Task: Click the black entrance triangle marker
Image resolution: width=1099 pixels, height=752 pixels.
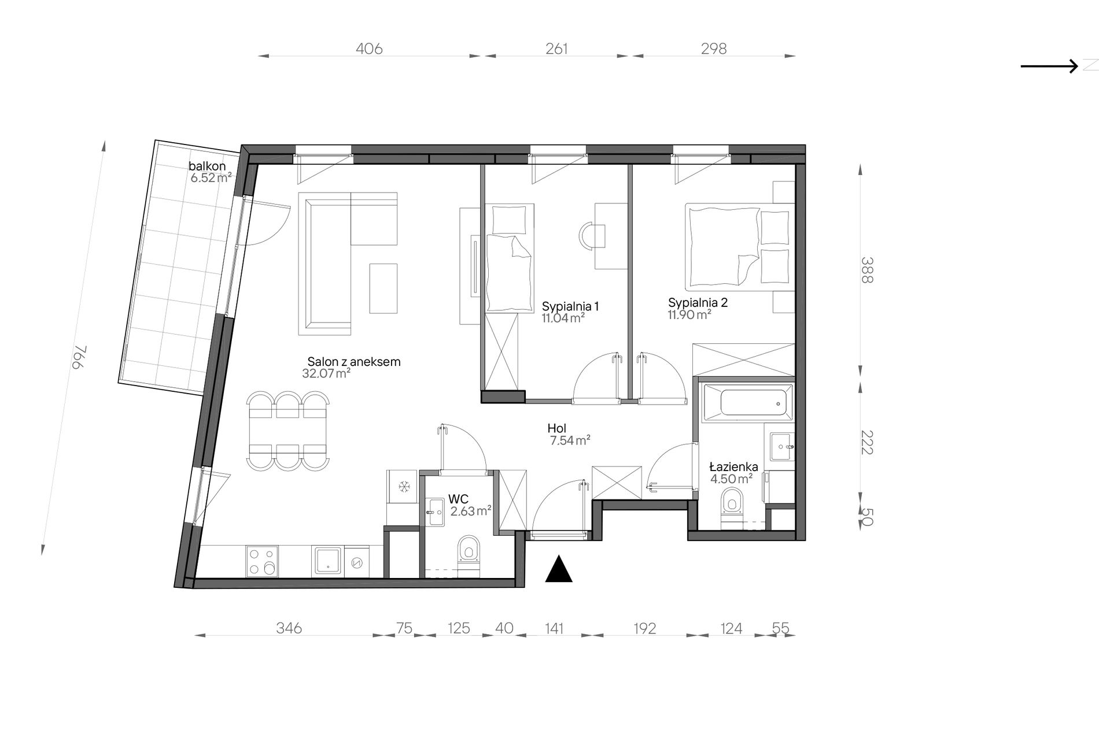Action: (x=559, y=569)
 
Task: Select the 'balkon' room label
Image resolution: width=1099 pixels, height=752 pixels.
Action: (x=207, y=166)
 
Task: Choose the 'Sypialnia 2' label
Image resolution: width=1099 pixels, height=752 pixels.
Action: (x=698, y=302)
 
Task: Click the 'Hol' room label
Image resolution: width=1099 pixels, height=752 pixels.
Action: (x=556, y=428)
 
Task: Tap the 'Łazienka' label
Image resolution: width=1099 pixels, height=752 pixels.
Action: (x=733, y=466)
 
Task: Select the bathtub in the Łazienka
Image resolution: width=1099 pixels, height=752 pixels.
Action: (x=746, y=401)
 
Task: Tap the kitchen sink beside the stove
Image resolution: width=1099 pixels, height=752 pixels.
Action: (x=328, y=561)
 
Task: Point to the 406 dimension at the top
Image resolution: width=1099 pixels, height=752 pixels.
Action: (x=369, y=49)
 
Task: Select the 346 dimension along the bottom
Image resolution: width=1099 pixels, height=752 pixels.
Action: (x=289, y=628)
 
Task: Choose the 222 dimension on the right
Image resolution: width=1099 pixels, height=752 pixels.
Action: (x=866, y=442)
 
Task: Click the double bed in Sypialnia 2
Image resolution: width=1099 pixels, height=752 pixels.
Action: (x=737, y=246)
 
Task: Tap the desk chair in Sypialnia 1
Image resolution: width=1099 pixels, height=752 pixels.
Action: (x=591, y=236)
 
